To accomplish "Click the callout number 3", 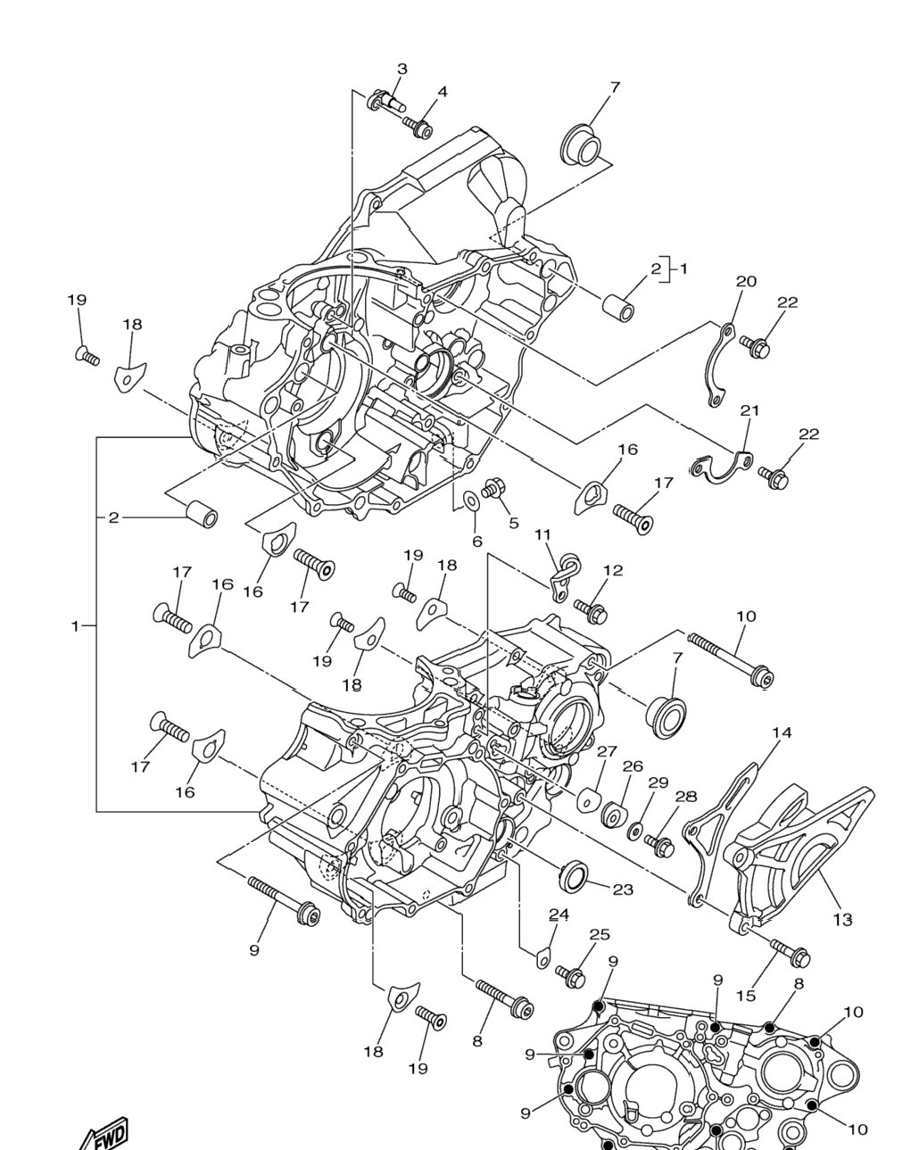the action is point(402,69).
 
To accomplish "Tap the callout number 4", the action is point(443,92).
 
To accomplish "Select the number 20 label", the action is point(746,281).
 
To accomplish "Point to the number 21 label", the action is point(749,410).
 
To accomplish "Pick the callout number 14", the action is point(782,732).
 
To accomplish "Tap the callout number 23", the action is point(623,889).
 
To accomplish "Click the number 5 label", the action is point(514,523).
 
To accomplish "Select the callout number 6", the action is point(477,542).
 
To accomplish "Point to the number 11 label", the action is point(542,534).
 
